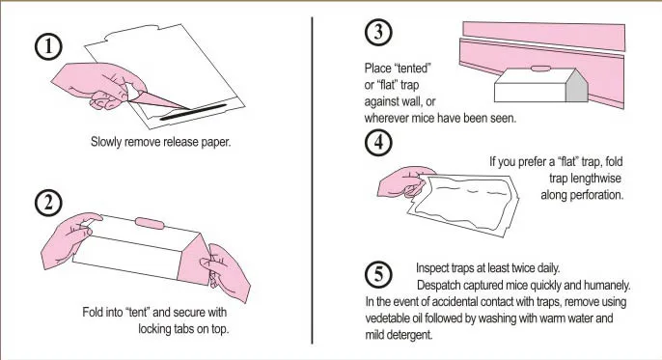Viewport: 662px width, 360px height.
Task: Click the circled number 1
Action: pos(48,46)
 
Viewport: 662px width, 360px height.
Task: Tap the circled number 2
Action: pos(48,203)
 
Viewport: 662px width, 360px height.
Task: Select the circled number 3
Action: pos(378,32)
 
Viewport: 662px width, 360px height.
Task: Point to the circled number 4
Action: pos(378,142)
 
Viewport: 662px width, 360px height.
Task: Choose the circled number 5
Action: pos(378,274)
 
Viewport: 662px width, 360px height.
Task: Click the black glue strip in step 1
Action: pos(194,112)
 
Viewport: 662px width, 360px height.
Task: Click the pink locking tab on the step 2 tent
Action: pos(150,223)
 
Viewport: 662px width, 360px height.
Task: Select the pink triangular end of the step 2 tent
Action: pos(193,259)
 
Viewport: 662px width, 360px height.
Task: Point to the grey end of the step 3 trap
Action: pos(576,87)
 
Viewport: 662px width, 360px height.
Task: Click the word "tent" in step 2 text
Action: pos(138,313)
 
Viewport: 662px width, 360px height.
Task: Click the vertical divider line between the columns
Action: pos(312,180)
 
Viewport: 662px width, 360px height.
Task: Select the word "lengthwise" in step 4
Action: pos(595,179)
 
